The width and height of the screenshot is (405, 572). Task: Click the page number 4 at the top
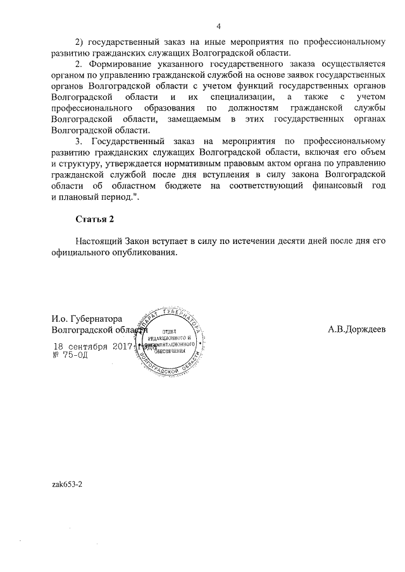click(x=218, y=26)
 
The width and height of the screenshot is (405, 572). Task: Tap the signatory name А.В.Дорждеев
click(x=356, y=329)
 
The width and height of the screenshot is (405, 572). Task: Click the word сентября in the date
click(x=89, y=346)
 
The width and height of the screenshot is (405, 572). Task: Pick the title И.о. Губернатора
click(x=87, y=318)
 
